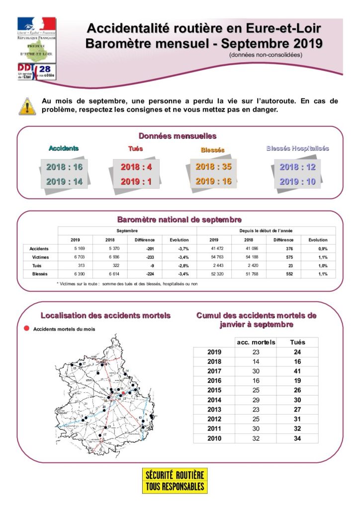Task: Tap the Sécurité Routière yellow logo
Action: coord(175,481)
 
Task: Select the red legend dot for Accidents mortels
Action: coord(26,329)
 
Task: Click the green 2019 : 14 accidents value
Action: coord(64,181)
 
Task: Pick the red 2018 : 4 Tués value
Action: coord(136,167)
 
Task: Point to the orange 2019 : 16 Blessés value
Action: coord(213,181)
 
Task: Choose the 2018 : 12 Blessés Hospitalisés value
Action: coord(297,167)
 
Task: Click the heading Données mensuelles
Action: coord(178,136)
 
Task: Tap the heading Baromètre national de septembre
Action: coord(180,219)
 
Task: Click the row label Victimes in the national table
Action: coord(40,257)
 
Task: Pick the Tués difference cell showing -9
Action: coord(145,265)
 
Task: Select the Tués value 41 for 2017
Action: coord(297,371)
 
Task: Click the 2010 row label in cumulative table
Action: coord(214,438)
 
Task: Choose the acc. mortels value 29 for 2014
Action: coord(256,400)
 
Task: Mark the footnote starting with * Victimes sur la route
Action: coord(127,283)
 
